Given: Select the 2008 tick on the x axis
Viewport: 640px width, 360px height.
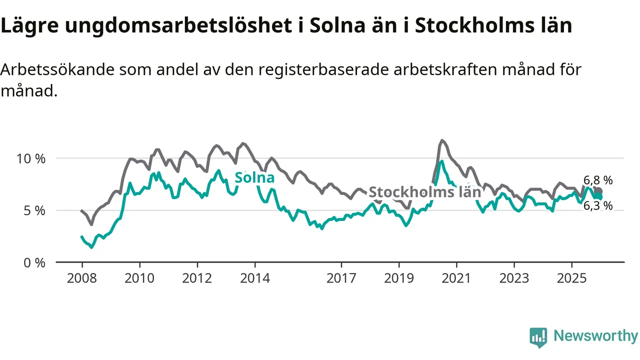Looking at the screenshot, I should [x=81, y=278].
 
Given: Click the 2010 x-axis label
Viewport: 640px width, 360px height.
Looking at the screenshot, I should [x=139, y=278].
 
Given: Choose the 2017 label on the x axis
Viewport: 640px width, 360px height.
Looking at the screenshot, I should [x=341, y=278].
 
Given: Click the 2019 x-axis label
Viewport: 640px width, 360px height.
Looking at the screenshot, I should [x=399, y=278].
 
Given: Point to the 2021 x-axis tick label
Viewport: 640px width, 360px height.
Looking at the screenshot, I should [x=456, y=278].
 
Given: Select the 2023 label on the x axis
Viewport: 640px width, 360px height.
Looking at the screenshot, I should [x=514, y=278].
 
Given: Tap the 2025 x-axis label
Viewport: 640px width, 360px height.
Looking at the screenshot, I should [x=572, y=278].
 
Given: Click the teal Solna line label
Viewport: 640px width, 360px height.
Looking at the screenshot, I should [x=254, y=177].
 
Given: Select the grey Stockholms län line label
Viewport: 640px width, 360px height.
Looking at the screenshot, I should [x=425, y=192].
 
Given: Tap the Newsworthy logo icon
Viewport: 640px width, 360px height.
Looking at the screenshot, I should [x=538, y=337].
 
